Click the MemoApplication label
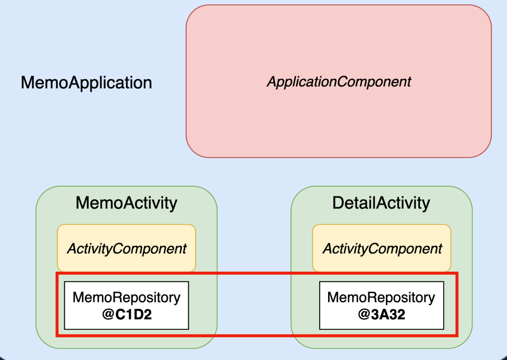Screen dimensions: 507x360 coord(86,83)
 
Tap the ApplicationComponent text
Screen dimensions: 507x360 coord(339,82)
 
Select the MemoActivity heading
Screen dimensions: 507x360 coord(126,203)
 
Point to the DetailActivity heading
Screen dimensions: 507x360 coord(381,203)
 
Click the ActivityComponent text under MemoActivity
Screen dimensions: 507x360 coord(126,249)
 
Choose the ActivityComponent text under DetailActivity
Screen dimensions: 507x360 coord(382,249)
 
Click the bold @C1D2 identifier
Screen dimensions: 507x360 coord(127,314)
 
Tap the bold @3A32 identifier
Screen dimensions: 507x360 coord(382,314)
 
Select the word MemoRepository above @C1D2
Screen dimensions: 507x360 coord(126,298)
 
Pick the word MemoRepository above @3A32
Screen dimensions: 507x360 coord(381,298)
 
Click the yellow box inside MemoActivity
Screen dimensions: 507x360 coord(126,248)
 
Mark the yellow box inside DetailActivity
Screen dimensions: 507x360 coord(382,248)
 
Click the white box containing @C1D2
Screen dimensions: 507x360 coord(126,305)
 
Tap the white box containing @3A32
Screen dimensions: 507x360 coord(382,305)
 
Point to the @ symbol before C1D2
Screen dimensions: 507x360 coord(108,315)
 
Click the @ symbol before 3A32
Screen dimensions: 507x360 coord(364,315)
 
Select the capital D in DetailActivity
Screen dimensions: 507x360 coord(338,203)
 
